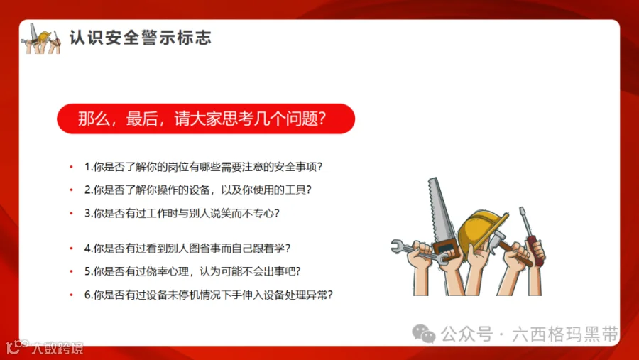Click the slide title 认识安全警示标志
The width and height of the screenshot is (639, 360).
[140, 38]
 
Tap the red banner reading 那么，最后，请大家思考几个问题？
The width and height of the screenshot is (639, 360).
[205, 119]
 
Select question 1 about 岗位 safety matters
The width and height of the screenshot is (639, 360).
[204, 168]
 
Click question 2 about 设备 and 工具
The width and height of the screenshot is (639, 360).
[198, 190]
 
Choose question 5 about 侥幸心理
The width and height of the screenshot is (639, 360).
[192, 271]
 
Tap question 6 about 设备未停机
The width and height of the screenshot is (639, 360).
[209, 294]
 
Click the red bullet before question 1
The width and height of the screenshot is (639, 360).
[71, 168]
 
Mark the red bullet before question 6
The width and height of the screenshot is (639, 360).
[71, 294]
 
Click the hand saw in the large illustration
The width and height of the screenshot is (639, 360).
[440, 213]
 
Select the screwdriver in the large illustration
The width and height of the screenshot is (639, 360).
[526, 227]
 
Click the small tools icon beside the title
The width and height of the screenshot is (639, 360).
[42, 38]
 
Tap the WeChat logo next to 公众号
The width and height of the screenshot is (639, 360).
[425, 334]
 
